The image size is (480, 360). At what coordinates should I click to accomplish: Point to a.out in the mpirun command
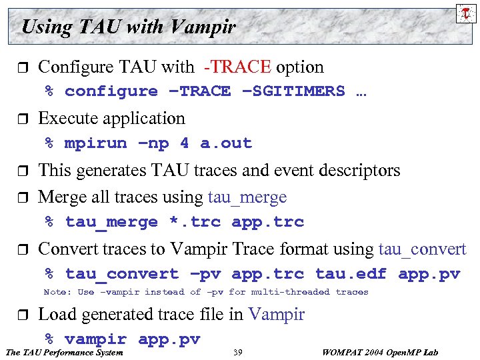click(x=226, y=143)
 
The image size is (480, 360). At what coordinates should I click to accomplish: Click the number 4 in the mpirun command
click(x=184, y=143)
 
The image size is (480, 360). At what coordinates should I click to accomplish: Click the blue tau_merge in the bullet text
click(x=247, y=197)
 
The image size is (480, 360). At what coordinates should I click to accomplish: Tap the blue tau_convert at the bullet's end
click(x=422, y=249)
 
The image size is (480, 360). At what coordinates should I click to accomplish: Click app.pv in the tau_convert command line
click(x=429, y=274)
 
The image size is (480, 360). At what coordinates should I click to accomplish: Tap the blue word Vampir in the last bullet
click(x=276, y=314)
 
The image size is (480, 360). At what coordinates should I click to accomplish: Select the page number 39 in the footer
click(x=238, y=352)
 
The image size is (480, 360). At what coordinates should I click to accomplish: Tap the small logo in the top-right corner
click(x=465, y=13)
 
